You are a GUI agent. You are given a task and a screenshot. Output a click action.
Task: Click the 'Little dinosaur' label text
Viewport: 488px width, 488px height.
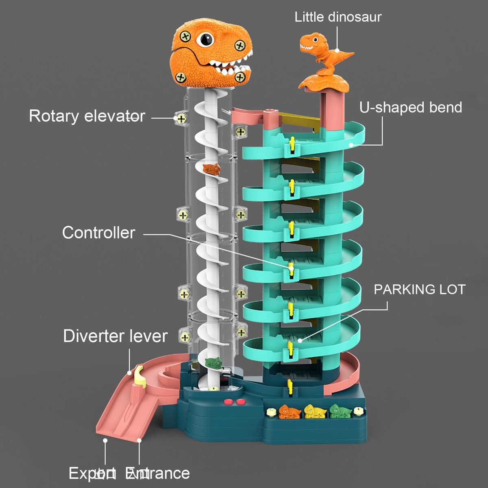[x=338, y=17]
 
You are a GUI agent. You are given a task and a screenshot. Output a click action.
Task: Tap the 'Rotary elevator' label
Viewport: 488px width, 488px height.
[x=87, y=116]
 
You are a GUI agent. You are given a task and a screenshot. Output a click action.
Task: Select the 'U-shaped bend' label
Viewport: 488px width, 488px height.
[x=411, y=107]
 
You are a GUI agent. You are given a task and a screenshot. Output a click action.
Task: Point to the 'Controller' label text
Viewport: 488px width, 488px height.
[x=99, y=233]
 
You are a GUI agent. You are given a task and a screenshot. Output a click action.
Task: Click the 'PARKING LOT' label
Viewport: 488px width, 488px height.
[x=419, y=290]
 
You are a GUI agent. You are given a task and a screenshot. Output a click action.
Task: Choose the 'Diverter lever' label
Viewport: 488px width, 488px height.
[x=115, y=336]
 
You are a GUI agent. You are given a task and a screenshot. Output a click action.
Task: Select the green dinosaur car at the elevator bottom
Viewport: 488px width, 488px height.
[x=214, y=363]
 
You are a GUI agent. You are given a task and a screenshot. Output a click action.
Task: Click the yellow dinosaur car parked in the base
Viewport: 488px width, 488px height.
[x=314, y=412]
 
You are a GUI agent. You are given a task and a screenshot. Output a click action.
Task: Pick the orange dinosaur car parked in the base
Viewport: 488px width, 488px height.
[x=290, y=412]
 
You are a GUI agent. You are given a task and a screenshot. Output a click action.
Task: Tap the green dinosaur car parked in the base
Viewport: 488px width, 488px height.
[x=340, y=411]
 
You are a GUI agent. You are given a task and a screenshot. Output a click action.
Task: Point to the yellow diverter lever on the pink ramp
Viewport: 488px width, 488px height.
[x=139, y=375]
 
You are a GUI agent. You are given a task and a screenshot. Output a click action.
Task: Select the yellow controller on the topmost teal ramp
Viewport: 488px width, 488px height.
[x=292, y=145]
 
